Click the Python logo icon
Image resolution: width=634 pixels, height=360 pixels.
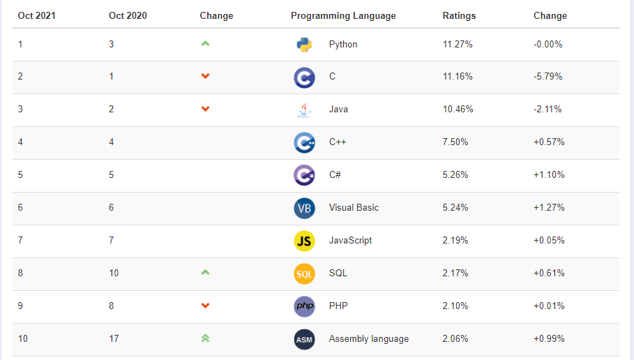(x=304, y=45)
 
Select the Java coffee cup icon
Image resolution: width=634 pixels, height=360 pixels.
(x=304, y=110)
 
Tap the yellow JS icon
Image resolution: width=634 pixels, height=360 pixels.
(x=304, y=241)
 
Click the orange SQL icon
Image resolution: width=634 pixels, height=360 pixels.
(x=304, y=273)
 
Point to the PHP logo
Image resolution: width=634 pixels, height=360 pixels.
(x=304, y=306)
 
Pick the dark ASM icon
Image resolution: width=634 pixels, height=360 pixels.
(x=304, y=339)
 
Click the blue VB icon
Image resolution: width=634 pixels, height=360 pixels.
(x=304, y=208)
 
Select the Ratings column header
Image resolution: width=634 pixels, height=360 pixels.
(x=459, y=15)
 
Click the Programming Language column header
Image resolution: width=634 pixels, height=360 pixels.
(x=343, y=15)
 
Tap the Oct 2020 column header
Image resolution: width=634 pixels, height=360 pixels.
(x=128, y=15)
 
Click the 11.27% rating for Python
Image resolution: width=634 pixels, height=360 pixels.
(x=458, y=44)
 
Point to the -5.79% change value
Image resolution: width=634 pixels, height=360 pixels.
(x=548, y=77)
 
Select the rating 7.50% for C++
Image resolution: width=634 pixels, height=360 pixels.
(x=455, y=142)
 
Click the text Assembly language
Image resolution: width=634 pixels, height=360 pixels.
(x=369, y=339)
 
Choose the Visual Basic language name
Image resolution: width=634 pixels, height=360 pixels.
(x=354, y=208)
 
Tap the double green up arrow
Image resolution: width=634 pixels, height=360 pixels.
(x=205, y=338)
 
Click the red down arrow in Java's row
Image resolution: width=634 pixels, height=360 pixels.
(x=205, y=109)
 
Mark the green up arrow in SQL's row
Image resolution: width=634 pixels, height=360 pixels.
(x=205, y=272)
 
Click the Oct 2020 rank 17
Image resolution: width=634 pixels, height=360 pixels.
(x=114, y=339)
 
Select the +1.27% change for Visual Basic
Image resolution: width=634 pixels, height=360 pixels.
(x=549, y=208)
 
